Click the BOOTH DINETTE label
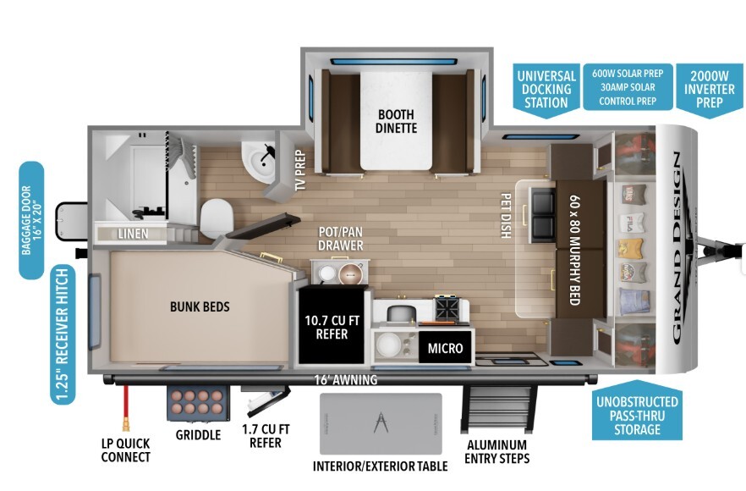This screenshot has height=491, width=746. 396,121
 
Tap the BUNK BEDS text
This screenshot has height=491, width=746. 200,306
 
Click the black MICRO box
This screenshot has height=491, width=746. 445,348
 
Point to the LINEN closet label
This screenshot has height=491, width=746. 134,234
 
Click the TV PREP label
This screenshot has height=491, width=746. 300,170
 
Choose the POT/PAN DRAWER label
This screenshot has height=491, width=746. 341,239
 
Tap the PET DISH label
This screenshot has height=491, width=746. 506,215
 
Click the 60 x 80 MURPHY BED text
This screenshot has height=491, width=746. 575,250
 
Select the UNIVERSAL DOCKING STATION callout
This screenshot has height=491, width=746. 546,90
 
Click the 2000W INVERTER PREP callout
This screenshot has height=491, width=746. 710,90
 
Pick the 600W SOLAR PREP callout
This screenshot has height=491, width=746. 628,87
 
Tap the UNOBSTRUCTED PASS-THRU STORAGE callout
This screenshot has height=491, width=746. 637,411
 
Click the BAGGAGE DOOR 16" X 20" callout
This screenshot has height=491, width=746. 31,220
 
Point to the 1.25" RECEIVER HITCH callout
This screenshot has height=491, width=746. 63,334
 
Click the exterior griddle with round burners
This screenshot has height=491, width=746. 198,403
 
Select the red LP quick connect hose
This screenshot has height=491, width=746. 126,408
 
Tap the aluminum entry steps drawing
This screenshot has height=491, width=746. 498,409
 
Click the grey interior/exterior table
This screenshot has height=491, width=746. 381,424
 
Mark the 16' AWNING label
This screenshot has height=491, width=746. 346,379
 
